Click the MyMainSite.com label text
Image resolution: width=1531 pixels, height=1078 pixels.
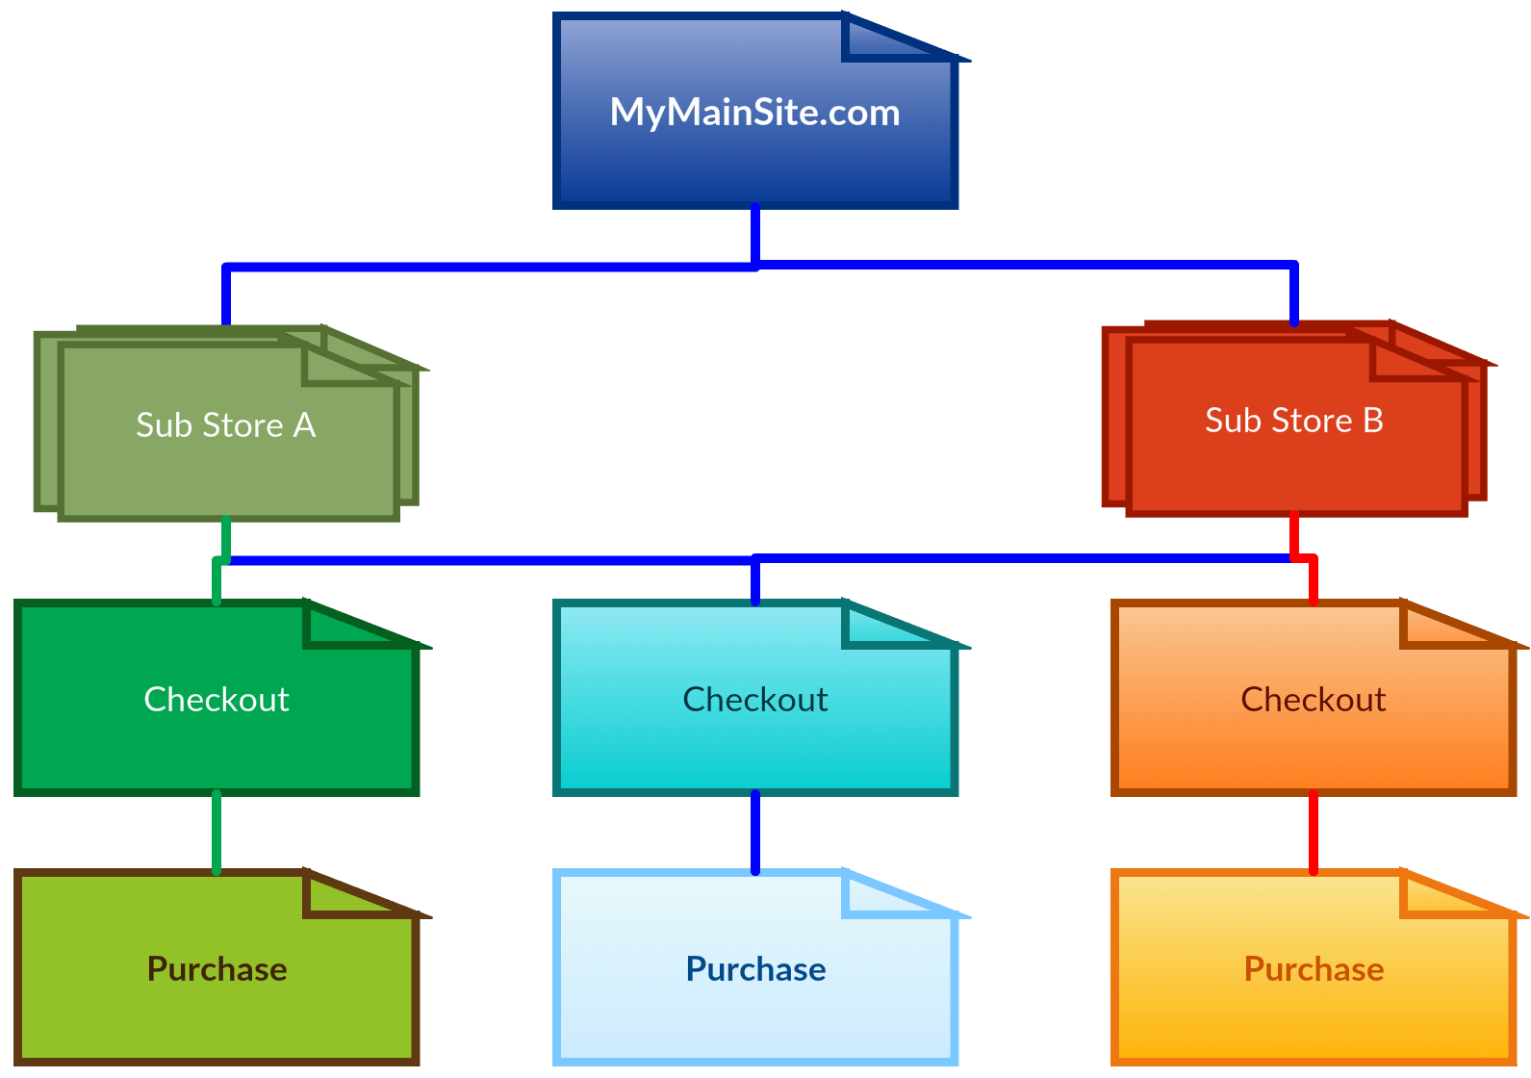click(754, 113)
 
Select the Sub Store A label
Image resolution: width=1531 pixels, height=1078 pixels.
click(225, 424)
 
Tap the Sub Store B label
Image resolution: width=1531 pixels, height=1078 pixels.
click(1293, 421)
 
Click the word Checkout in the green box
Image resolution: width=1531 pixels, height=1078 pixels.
click(216, 699)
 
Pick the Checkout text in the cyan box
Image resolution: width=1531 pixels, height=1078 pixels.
click(754, 699)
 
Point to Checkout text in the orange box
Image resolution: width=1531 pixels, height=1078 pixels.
click(1313, 699)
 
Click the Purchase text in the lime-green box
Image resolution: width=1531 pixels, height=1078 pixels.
click(217, 968)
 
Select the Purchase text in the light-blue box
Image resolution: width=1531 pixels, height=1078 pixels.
click(755, 968)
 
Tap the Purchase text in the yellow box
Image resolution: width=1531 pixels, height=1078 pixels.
click(1314, 968)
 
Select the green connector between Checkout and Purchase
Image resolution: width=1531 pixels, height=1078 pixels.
click(216, 833)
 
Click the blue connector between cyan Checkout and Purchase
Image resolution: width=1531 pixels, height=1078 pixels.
click(754, 833)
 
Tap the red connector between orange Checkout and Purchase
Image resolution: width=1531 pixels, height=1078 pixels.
click(1313, 833)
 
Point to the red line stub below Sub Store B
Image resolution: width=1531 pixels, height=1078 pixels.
click(1293, 534)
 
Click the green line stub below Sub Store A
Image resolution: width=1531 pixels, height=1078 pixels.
click(225, 537)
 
